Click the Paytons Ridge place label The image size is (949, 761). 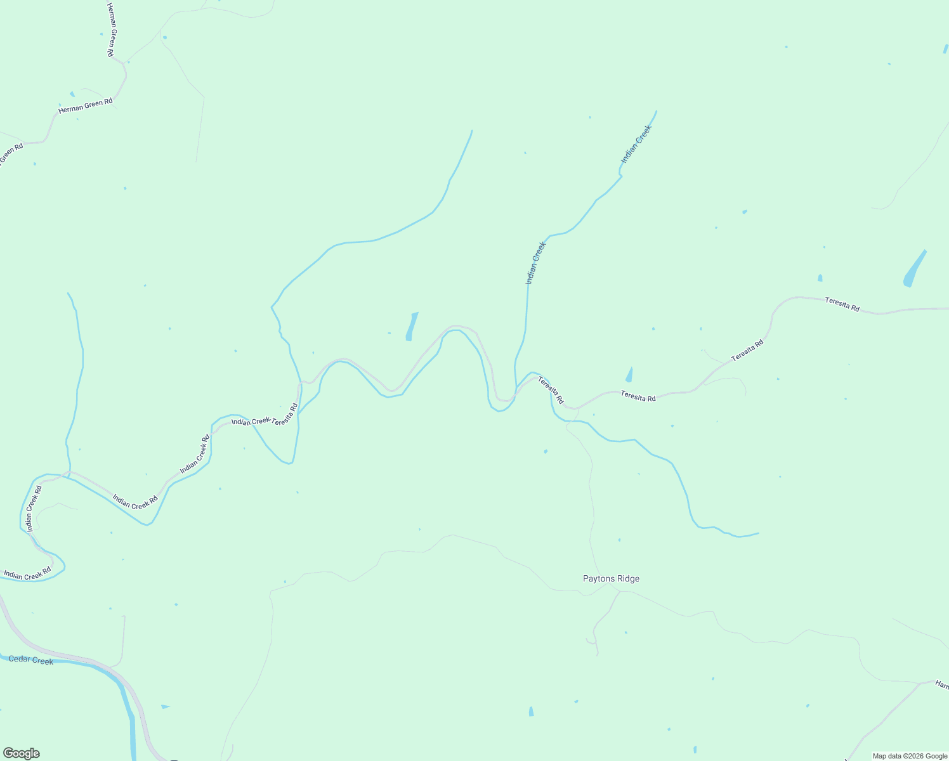[611, 578]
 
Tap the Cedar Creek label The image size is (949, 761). [31, 660]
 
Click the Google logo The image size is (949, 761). [21, 753]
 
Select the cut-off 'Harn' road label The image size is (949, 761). [941, 685]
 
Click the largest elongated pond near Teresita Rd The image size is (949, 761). [914, 269]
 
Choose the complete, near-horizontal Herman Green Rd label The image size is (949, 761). [85, 105]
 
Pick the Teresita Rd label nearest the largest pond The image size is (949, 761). [842, 304]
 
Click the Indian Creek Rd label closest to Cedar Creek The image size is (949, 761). [27, 575]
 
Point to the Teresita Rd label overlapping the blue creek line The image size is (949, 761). [551, 390]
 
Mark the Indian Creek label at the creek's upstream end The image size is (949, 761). [636, 144]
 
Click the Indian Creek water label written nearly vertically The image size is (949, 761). [535, 262]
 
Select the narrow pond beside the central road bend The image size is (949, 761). [412, 326]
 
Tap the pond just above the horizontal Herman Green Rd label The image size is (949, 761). [72, 94]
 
